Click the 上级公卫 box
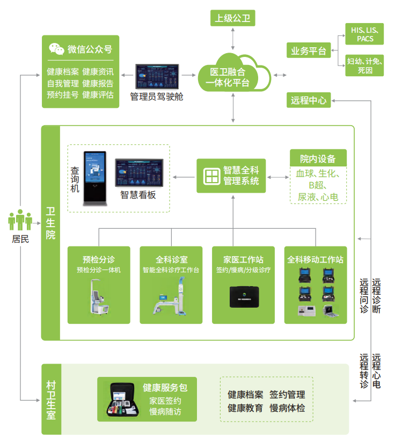coord(232,18)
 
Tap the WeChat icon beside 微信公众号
coord(56,49)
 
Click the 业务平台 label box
coord(309,51)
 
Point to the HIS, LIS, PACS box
coord(365,34)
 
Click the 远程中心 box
coord(309,100)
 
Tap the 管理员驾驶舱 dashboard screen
coord(157,77)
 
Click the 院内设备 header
coord(318,158)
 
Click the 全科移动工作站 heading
coord(315,259)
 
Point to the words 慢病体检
coord(287,408)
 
